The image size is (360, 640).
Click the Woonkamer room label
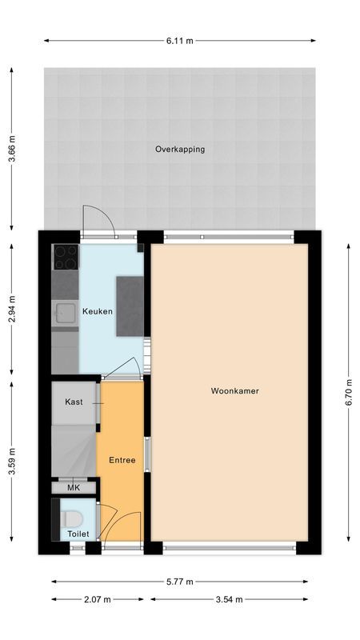[234, 391]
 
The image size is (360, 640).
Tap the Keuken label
[97, 311]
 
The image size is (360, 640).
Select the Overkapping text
[180, 149]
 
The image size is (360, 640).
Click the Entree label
[122, 460]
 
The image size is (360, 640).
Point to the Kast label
[74, 402]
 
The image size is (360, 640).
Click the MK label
[74, 487]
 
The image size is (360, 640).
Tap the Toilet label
[78, 533]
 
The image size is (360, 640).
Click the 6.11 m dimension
[179, 40]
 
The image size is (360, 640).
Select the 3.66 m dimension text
[11, 149]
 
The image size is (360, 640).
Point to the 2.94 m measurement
[11, 308]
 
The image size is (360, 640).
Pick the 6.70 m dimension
[348, 392]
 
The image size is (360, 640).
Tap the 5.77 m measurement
[179, 582]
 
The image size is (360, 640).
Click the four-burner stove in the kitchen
[66, 256]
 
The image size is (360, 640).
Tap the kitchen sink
[64, 313]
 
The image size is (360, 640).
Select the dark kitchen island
[130, 306]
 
